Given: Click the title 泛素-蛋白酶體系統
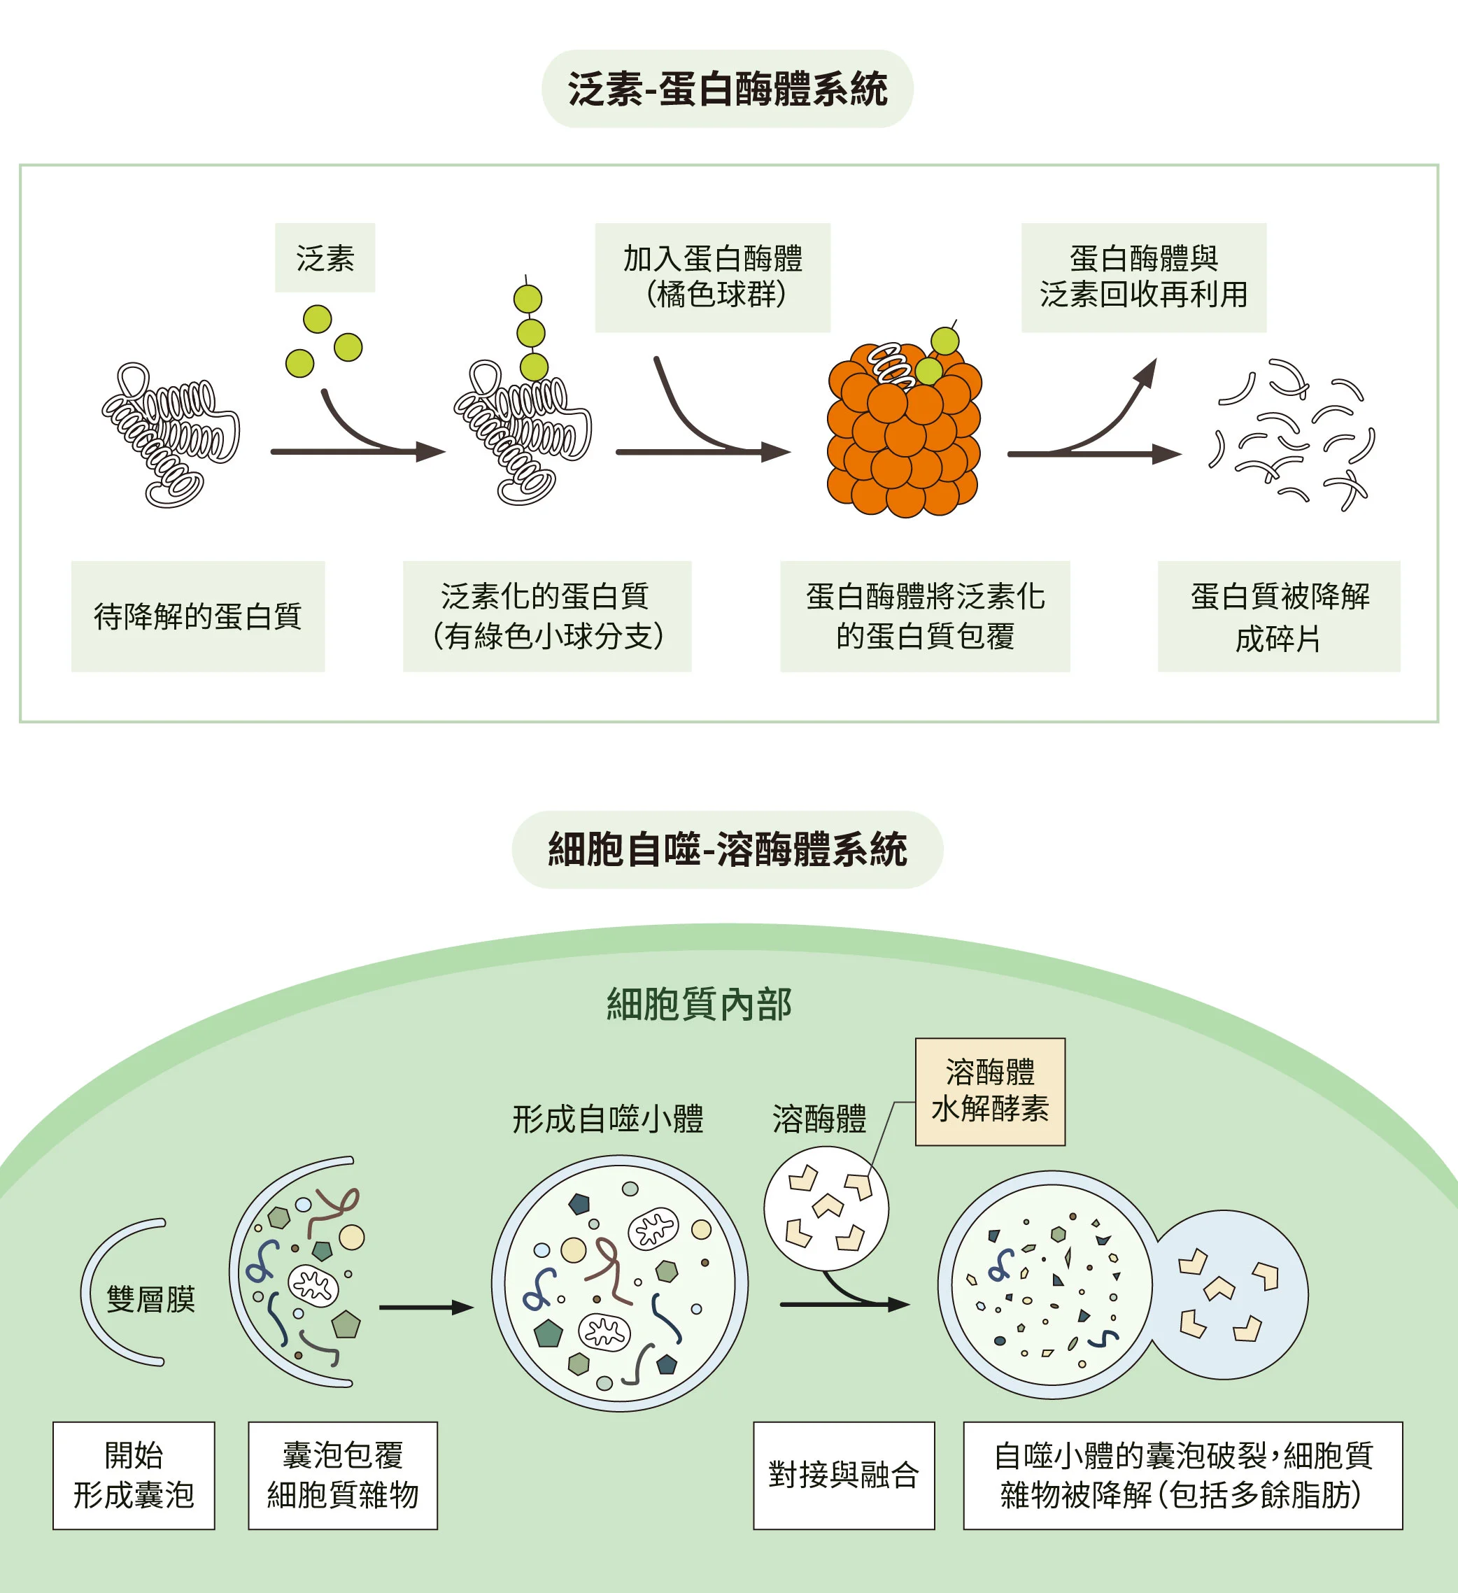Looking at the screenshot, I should pyautogui.click(x=727, y=88).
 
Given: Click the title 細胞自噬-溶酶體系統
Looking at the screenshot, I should pyautogui.click(x=727, y=849).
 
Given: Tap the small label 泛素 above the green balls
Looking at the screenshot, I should pyautogui.click(x=325, y=257).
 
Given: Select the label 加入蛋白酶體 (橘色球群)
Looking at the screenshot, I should pyautogui.click(x=712, y=276).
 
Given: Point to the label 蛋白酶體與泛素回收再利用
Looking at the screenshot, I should pyautogui.click(x=1142, y=276).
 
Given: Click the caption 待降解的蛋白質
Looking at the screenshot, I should pyautogui.click(x=197, y=616).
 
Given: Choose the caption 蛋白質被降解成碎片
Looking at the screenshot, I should pyautogui.click(x=1279, y=616).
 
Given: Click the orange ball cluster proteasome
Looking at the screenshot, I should pyautogui.click(x=903, y=442).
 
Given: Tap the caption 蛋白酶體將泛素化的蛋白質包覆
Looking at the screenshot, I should pyautogui.click(x=925, y=616).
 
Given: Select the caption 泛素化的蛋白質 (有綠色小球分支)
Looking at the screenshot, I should pyautogui.click(x=547, y=616).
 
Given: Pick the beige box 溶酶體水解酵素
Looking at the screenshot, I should pyautogui.click(x=989, y=1091).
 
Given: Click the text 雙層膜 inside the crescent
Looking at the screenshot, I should pyautogui.click(x=150, y=1298).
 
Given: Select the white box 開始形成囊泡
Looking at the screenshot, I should pyautogui.click(x=134, y=1475).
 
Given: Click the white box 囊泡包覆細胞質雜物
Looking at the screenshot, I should pyautogui.click(x=342, y=1475).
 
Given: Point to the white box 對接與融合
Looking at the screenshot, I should pyautogui.click(x=843, y=1475).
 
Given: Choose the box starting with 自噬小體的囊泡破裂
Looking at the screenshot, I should pyautogui.click(x=1182, y=1475).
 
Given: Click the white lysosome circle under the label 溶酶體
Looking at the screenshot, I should pyautogui.click(x=826, y=1208).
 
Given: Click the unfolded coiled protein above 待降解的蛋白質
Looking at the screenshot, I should pyautogui.click(x=170, y=434).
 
